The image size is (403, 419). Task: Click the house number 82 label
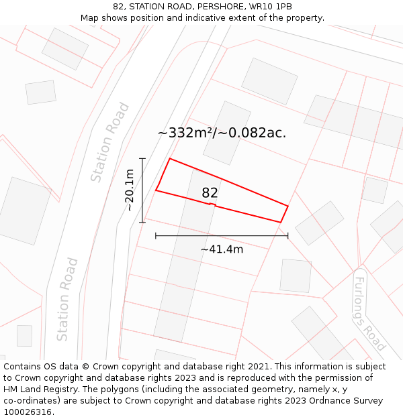(x=210, y=193)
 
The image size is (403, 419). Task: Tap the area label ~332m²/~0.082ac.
(x=222, y=133)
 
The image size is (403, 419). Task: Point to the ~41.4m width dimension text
(x=222, y=249)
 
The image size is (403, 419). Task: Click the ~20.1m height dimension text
(x=130, y=190)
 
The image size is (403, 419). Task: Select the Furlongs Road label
(x=369, y=313)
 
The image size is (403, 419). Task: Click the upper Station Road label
(x=110, y=142)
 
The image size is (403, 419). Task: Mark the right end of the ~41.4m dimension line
(x=288, y=235)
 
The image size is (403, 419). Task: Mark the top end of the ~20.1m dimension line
(x=142, y=158)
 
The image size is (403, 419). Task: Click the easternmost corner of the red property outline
(x=288, y=206)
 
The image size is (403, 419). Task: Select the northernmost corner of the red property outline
(x=170, y=159)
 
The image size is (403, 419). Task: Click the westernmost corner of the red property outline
(x=156, y=190)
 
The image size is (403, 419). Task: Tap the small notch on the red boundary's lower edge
(x=212, y=204)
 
